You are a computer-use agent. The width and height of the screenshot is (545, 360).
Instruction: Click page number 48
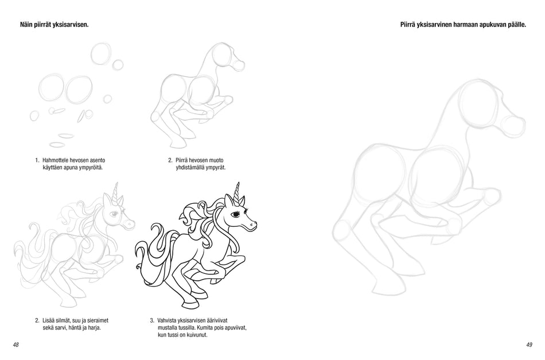click(x=15, y=344)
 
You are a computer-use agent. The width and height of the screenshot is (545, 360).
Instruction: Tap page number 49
click(x=529, y=344)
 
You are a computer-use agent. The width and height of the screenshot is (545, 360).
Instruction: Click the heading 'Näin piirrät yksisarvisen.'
click(x=54, y=25)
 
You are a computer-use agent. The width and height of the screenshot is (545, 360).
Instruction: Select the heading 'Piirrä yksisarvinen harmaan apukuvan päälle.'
click(x=463, y=25)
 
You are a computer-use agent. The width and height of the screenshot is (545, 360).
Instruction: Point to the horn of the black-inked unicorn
click(x=238, y=192)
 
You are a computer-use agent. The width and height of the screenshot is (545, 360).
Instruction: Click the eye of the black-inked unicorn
click(x=236, y=214)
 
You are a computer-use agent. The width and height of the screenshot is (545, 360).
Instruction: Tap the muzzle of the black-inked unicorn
click(x=252, y=224)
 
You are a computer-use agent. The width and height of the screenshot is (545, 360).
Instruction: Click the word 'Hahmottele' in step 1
click(x=56, y=160)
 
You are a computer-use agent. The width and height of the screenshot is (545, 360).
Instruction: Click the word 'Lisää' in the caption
click(x=49, y=320)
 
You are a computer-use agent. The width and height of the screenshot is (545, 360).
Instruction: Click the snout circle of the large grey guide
click(x=514, y=126)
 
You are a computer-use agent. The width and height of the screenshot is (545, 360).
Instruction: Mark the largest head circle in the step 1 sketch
click(x=102, y=55)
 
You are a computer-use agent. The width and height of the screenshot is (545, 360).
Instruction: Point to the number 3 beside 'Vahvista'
click(x=151, y=320)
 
